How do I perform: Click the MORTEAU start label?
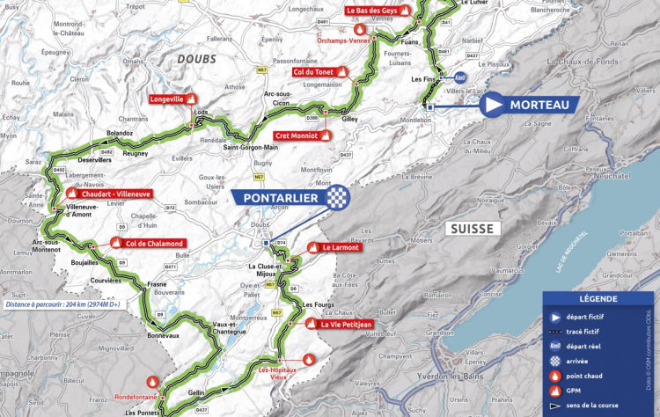pyautogui.click(x=536, y=105)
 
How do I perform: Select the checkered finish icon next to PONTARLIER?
pyautogui.click(x=336, y=198)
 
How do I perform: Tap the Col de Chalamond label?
pyautogui.click(x=154, y=243)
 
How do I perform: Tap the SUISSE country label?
pyautogui.click(x=473, y=229)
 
